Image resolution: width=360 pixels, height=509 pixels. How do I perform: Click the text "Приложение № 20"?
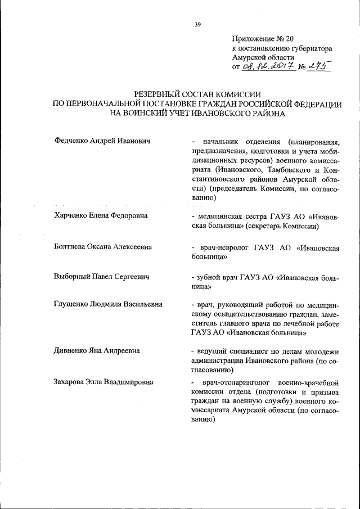coord(263,39)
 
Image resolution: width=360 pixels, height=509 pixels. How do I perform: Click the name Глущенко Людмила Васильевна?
coord(108,304)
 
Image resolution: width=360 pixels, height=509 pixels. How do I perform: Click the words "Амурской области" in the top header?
coord(263,58)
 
